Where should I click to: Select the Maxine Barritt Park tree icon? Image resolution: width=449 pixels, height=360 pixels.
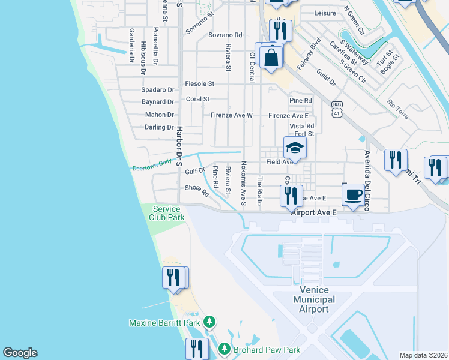click(x=209, y=323)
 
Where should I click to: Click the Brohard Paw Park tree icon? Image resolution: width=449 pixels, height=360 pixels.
click(x=224, y=349)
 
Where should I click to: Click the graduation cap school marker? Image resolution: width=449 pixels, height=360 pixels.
click(x=295, y=148)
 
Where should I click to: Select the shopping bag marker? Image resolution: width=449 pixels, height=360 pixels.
click(x=271, y=58)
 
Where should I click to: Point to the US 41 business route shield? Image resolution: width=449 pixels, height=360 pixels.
click(x=337, y=109)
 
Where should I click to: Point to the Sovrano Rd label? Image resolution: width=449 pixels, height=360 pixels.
click(x=225, y=35)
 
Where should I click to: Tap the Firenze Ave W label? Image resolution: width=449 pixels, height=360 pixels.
click(x=232, y=115)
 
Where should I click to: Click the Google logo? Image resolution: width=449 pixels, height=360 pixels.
click(x=20, y=353)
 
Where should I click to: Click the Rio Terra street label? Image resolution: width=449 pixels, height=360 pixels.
click(x=398, y=109)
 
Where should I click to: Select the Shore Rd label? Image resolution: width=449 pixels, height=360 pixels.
click(x=196, y=190)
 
